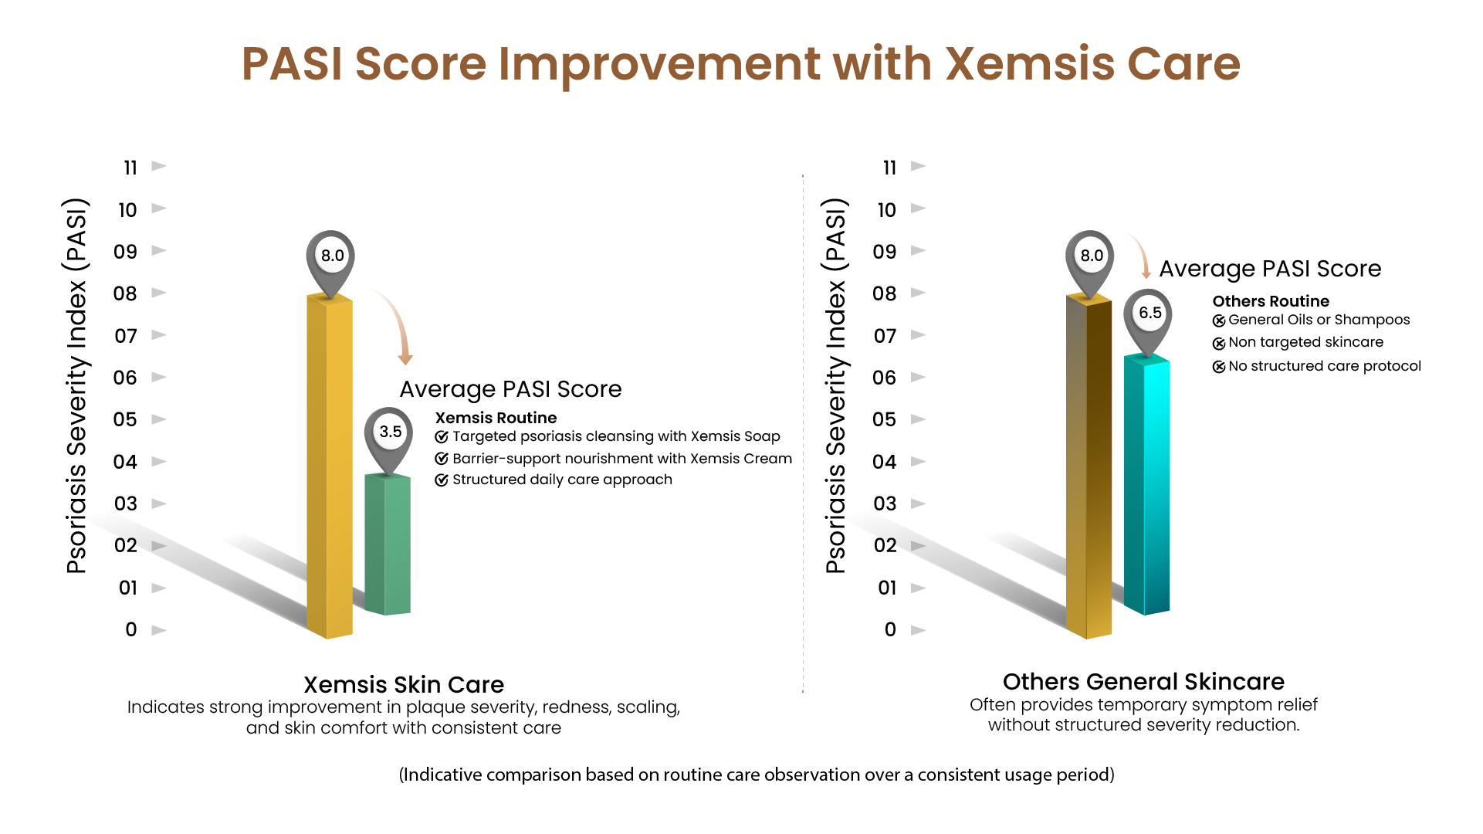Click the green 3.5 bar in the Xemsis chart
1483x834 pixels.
pyautogui.click(x=388, y=544)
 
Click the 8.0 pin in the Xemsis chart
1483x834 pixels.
pyautogui.click(x=331, y=256)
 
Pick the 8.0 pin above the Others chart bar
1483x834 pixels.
pyautogui.click(x=1090, y=256)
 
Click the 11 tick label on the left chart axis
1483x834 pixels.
pyautogui.click(x=130, y=168)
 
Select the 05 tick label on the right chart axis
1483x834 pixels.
pyautogui.click(x=885, y=419)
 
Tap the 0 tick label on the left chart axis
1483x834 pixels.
pyautogui.click(x=131, y=630)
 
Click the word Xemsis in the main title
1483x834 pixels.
pyautogui.click(x=1030, y=63)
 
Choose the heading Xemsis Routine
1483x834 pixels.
pyautogui.click(x=496, y=418)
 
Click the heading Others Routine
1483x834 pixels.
pyautogui.click(x=1271, y=301)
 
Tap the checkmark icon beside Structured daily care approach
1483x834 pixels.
pyautogui.click(x=442, y=480)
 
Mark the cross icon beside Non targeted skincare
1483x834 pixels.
pyautogui.click(x=1219, y=344)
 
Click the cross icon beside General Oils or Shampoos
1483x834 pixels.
pyautogui.click(x=1219, y=320)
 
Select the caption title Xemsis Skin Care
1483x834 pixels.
pyautogui.click(x=404, y=685)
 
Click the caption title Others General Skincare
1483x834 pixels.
pyautogui.click(x=1143, y=682)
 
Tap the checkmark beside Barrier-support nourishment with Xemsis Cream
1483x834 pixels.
pyautogui.click(x=442, y=459)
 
